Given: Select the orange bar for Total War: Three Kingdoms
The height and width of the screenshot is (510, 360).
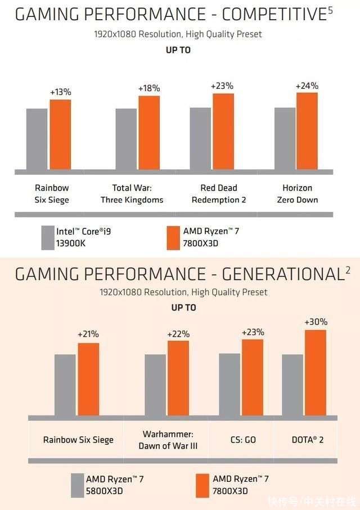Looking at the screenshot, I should [149, 132].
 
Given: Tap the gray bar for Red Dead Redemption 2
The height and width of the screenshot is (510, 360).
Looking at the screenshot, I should [200, 138].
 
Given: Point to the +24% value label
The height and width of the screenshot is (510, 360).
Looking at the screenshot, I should [307, 86].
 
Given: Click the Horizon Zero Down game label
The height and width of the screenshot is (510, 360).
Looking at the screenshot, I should [297, 193].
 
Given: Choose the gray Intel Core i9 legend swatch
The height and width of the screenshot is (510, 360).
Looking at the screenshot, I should [48, 237].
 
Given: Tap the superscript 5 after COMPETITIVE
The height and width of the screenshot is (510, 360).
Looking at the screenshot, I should [330, 10].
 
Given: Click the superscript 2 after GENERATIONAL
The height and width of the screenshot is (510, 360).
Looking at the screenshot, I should [348, 270].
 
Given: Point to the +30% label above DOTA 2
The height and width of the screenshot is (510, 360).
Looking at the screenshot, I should [316, 322].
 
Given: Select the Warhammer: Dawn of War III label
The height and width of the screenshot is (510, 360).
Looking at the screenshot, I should [168, 440].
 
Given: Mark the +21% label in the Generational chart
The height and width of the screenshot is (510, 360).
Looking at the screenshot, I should [88, 335].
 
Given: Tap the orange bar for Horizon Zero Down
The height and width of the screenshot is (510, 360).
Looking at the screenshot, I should [307, 130].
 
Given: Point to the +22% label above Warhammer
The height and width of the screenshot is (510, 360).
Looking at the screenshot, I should [178, 334].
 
